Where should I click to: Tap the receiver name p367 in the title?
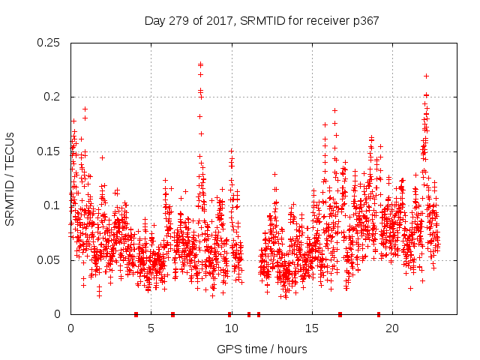coord(364,21)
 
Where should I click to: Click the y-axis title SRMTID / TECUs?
coord(10,178)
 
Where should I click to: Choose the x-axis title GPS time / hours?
coord(262,349)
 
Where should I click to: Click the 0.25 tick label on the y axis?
coord(49,43)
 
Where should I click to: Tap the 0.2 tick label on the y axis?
coord(52,97)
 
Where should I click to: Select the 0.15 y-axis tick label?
coord(49,151)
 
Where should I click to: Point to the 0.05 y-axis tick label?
coord(49,260)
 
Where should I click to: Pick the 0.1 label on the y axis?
coord(52,205)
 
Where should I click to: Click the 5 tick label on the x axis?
coord(151,328)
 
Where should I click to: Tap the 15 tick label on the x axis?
coord(311,328)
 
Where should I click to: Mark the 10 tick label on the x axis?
coord(231,328)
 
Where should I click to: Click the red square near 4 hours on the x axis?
coord(136,314)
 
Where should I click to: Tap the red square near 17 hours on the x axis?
coord(340,314)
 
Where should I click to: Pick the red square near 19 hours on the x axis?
coord(379,314)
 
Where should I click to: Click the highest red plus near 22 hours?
coord(426,76)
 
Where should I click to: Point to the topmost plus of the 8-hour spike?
coord(200,64)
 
